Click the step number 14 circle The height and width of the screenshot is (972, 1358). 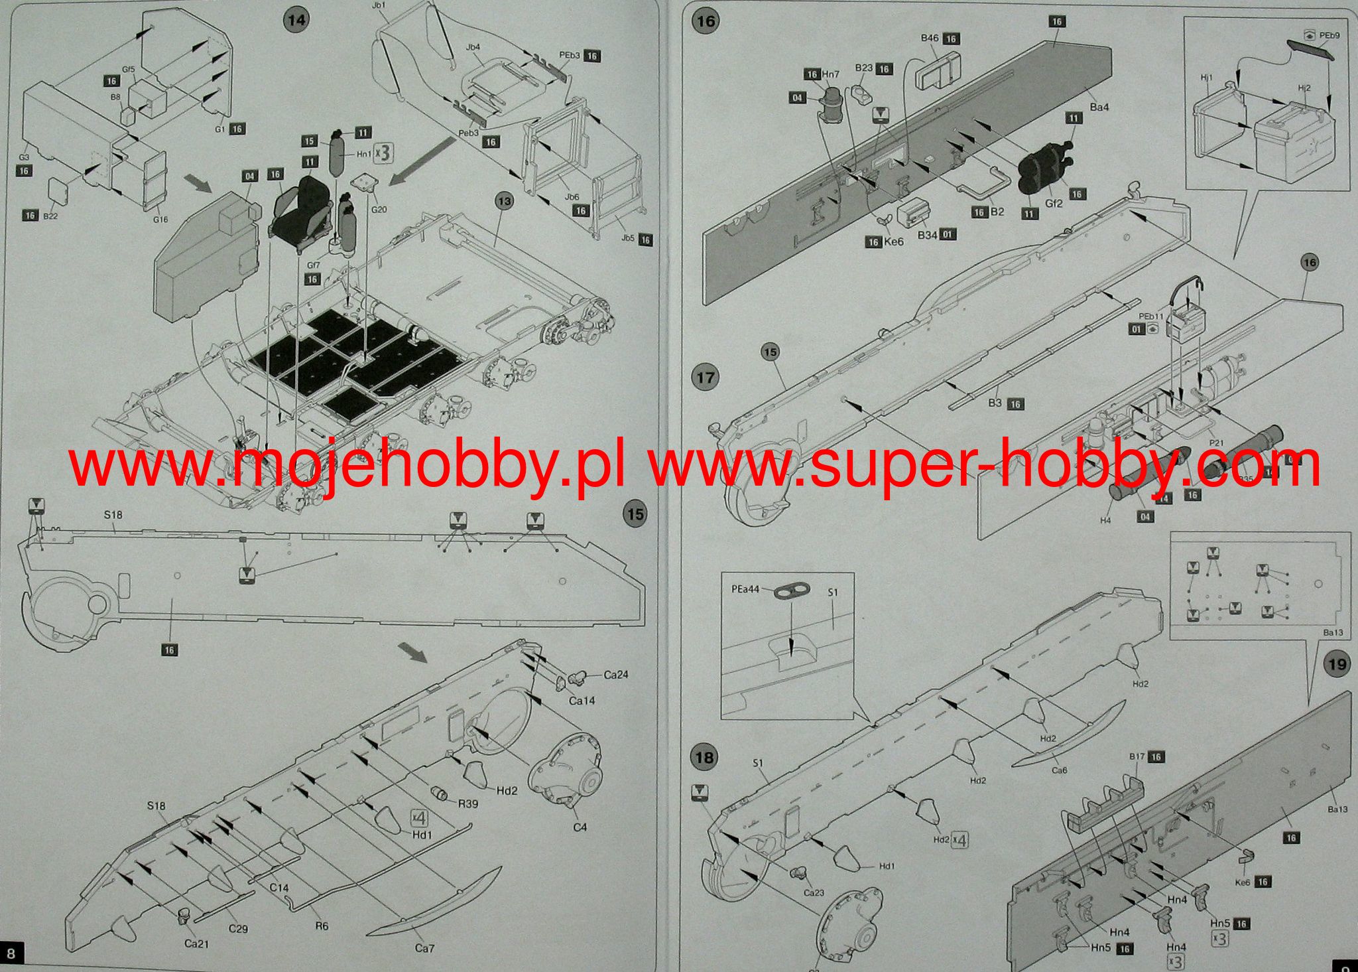296,20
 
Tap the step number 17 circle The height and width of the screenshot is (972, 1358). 704,378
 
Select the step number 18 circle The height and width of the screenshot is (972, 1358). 704,757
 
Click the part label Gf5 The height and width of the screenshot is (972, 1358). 129,70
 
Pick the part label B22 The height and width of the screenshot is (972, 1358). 50,216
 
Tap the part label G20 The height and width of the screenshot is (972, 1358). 379,210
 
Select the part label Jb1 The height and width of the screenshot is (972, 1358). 379,5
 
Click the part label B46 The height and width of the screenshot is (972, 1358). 930,38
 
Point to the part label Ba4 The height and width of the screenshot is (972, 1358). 1099,107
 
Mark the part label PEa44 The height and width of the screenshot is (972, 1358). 745,589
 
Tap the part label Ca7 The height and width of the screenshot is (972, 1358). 424,948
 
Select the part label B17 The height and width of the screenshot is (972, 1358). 1137,756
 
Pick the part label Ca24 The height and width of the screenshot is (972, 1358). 615,675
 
